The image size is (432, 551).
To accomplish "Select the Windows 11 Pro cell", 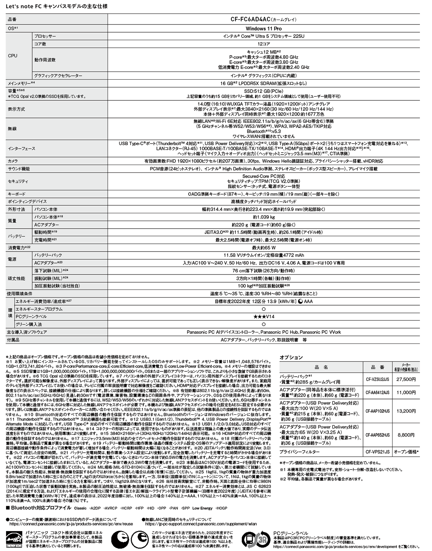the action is [x=263, y=29].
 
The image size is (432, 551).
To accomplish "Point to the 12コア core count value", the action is [x=263, y=44].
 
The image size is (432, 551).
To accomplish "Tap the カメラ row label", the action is [x=13, y=161].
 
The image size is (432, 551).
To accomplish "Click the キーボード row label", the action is [x=16, y=194].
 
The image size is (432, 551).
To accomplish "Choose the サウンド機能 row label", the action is [x=18, y=169].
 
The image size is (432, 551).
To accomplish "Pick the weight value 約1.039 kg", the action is [x=263, y=217].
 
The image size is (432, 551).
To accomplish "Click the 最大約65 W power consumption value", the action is [x=263, y=248].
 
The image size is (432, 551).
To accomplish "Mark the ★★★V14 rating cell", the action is [x=263, y=317].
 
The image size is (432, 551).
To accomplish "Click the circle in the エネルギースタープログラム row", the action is [x=263, y=309].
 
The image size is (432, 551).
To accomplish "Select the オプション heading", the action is [x=291, y=357].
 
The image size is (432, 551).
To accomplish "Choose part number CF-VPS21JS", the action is [x=377, y=452].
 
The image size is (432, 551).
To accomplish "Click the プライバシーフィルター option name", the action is [x=302, y=452].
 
